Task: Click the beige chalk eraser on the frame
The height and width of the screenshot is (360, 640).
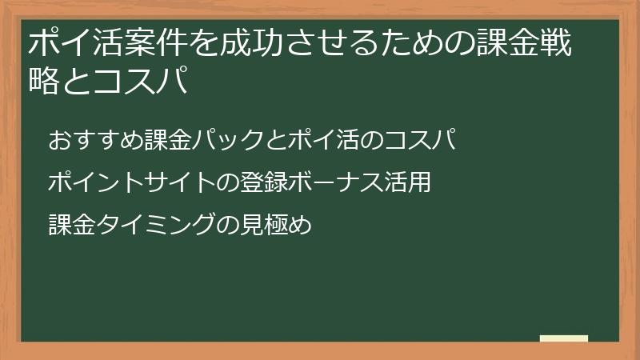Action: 563,339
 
